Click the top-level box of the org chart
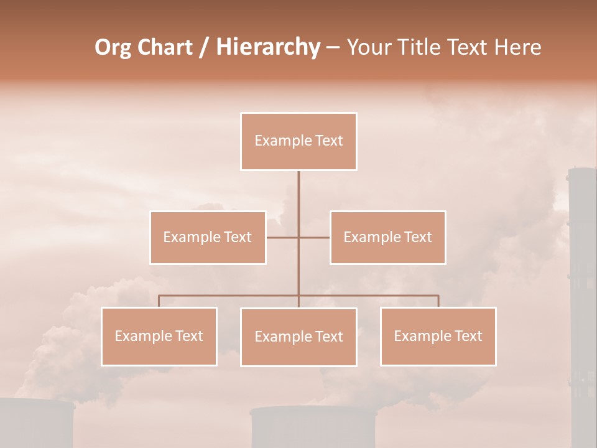[x=298, y=141]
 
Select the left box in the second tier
[x=208, y=238]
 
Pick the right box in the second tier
[x=387, y=238]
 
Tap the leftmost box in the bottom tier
[x=159, y=336]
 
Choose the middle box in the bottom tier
[x=298, y=337]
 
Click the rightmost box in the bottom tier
[x=438, y=336]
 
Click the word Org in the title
[x=113, y=47]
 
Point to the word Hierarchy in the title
[x=267, y=47]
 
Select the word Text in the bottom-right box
[x=468, y=336]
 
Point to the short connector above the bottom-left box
[x=159, y=301]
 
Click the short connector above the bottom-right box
[x=438, y=301]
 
